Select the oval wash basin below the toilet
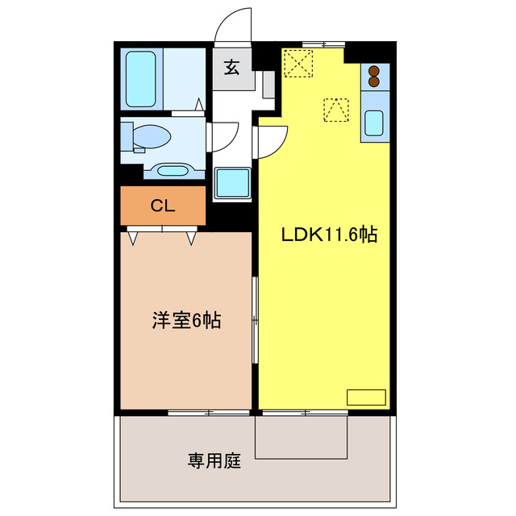point(169,170)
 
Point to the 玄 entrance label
point(231,69)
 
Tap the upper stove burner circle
point(373,70)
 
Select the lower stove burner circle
point(373,81)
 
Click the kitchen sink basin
point(375,123)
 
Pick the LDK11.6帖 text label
point(329,235)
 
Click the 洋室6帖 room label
point(185,320)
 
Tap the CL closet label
point(163,206)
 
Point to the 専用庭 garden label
point(214,462)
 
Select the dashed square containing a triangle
point(335,109)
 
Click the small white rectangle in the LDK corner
point(366,397)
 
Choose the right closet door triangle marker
point(191,237)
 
